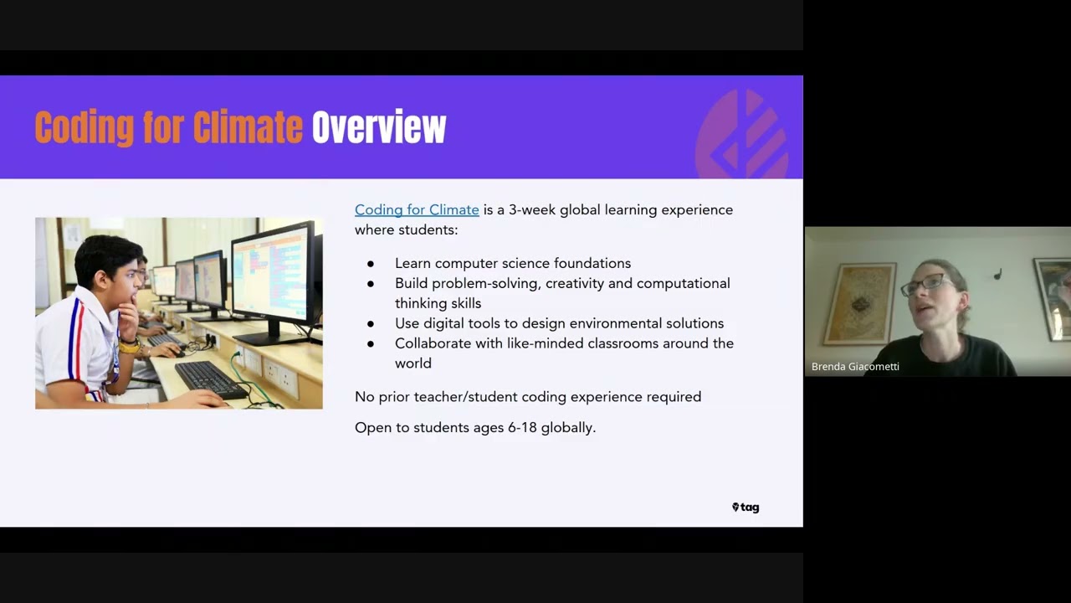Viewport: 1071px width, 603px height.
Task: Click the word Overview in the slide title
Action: pyautogui.click(x=379, y=128)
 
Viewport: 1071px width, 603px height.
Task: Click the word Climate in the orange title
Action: pyautogui.click(x=248, y=128)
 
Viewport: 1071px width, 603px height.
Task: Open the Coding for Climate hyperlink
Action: pyautogui.click(x=417, y=209)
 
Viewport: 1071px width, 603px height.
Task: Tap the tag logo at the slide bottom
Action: pyautogui.click(x=746, y=507)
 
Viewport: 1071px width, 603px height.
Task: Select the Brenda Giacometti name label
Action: pyautogui.click(x=855, y=366)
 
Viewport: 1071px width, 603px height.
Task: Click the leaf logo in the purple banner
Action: pyautogui.click(x=742, y=134)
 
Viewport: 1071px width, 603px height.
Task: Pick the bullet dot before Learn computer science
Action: pyautogui.click(x=371, y=264)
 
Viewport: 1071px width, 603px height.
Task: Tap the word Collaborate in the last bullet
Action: pyautogui.click(x=429, y=343)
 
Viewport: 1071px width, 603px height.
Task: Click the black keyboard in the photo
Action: pyautogui.click(x=210, y=379)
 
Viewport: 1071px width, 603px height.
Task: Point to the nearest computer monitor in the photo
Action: pyautogui.click(x=274, y=276)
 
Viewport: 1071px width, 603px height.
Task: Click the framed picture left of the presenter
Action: pyautogui.click(x=859, y=303)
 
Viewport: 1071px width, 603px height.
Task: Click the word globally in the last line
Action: pyautogui.click(x=568, y=427)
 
